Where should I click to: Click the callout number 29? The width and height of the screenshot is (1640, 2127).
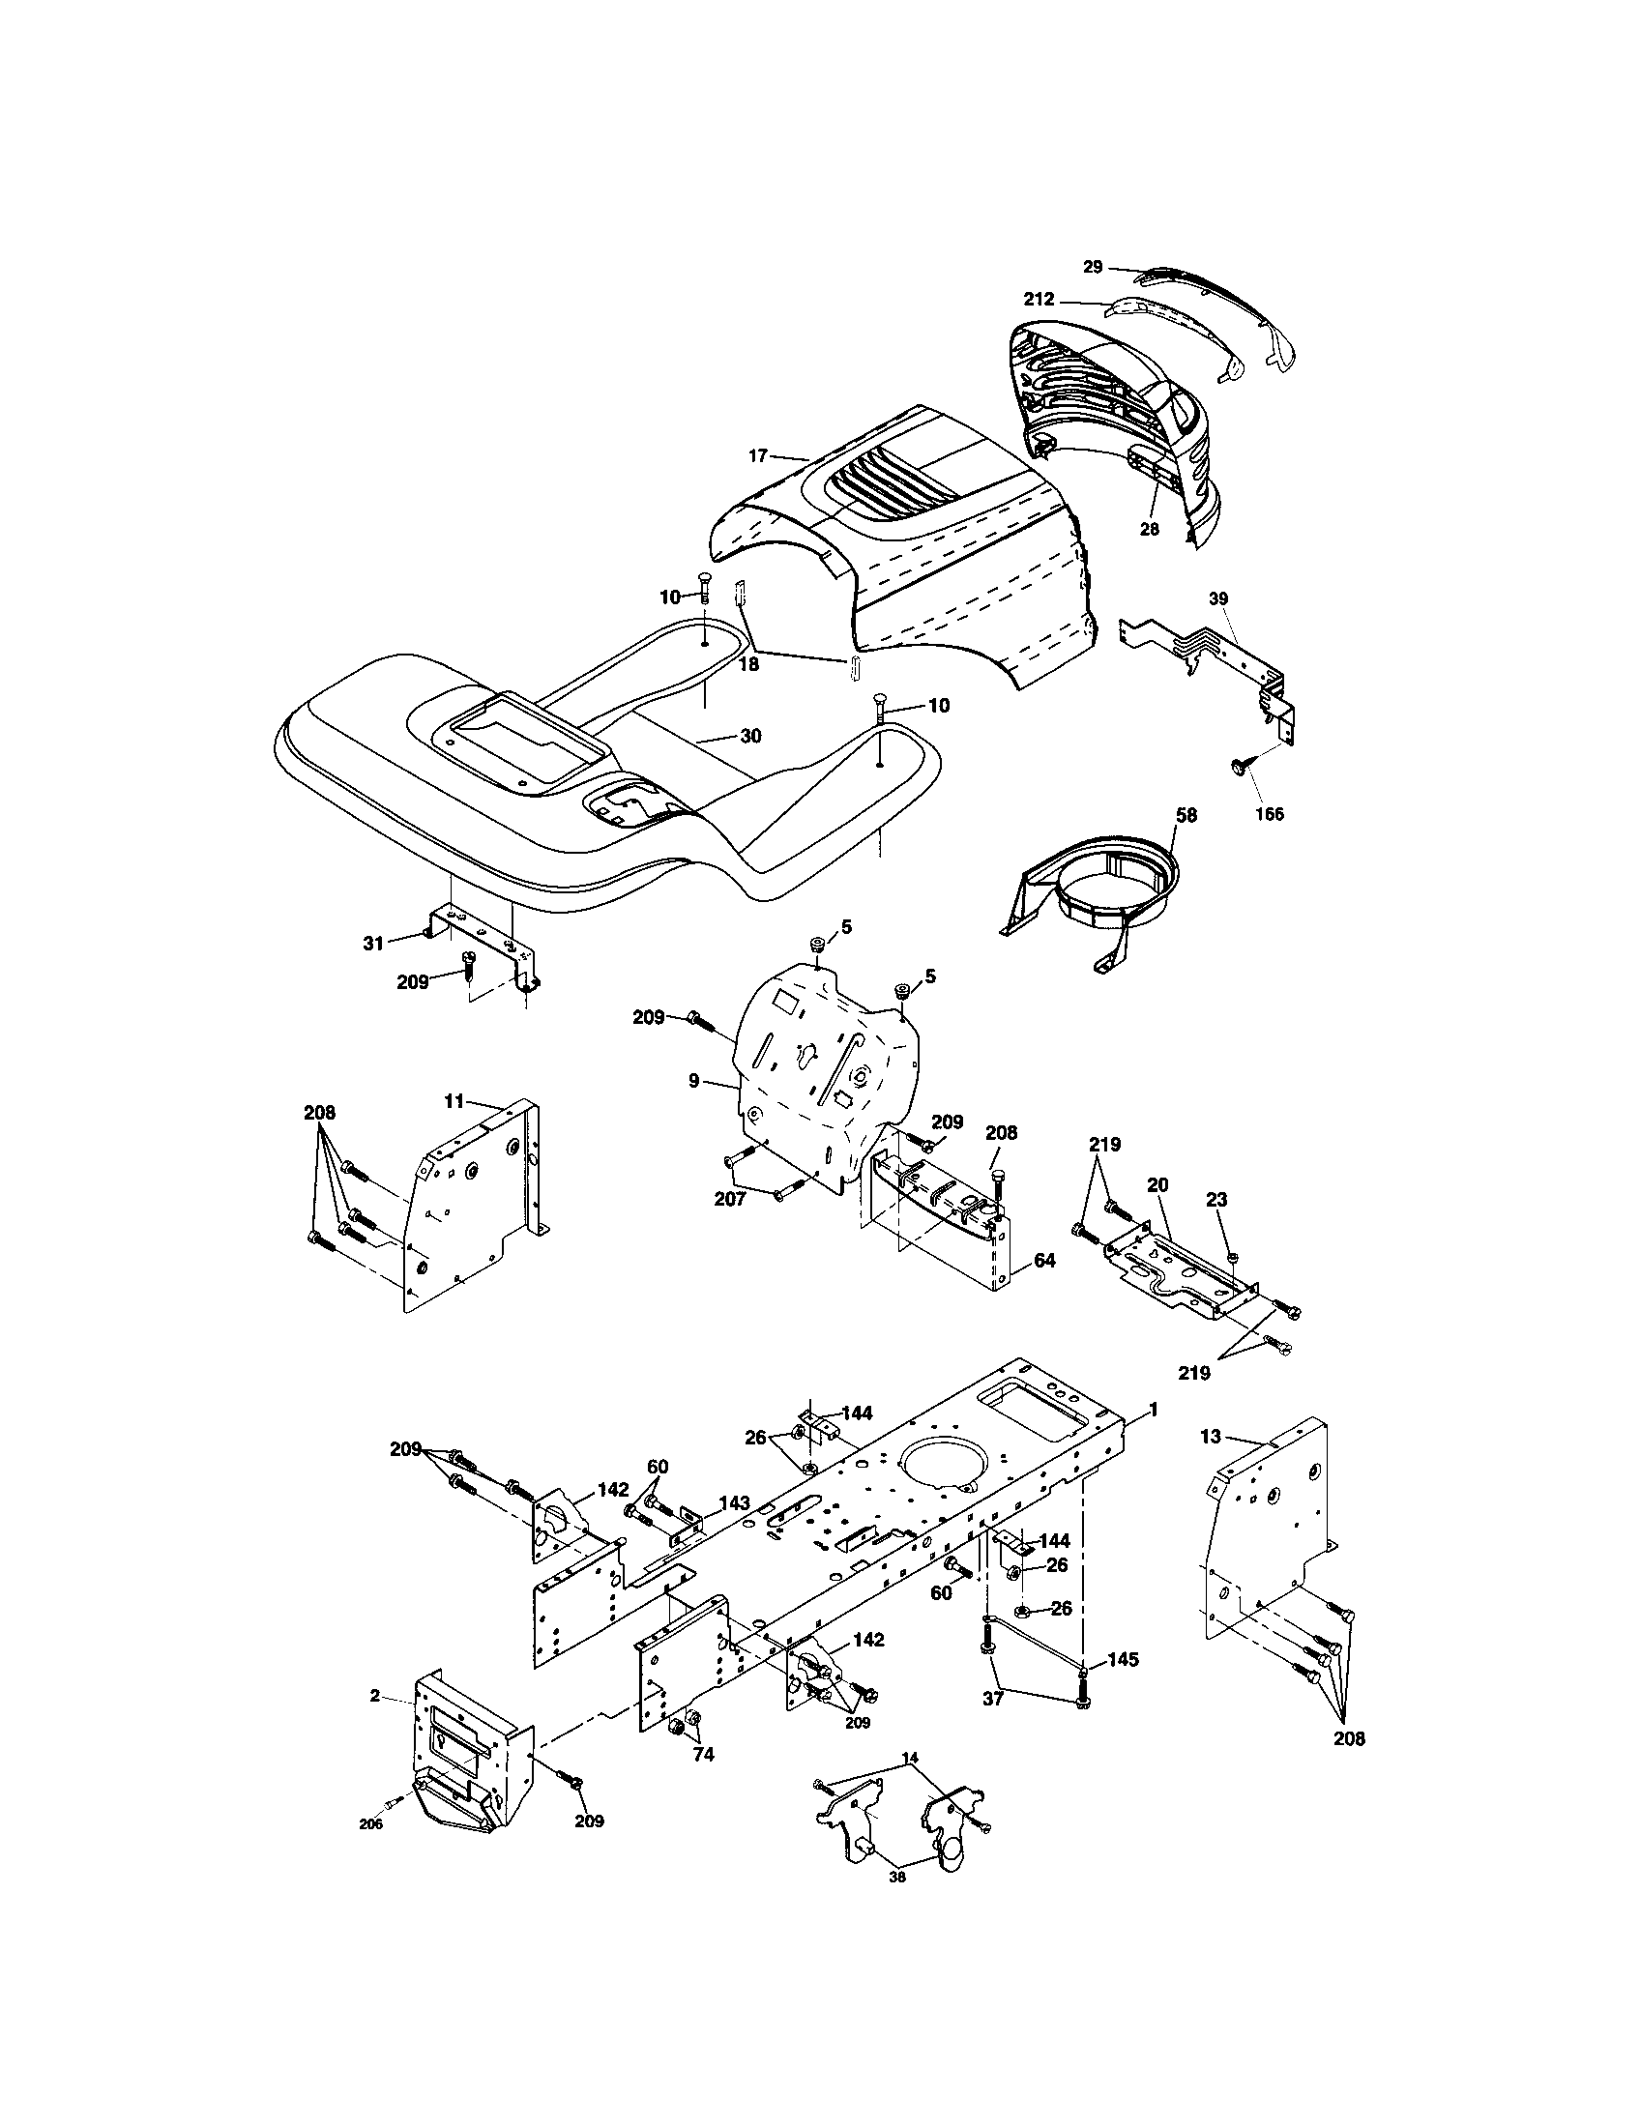[x=1093, y=267]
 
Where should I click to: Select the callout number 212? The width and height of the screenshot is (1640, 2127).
[x=1039, y=300]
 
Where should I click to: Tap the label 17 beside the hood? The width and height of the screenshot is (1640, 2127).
[x=759, y=454]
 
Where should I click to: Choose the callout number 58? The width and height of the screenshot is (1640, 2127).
[x=1186, y=815]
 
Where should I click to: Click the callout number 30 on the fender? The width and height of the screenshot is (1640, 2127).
[x=749, y=737]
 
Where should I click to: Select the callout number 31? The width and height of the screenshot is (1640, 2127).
[x=374, y=943]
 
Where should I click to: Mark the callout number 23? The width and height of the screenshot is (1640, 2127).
[x=1217, y=1201]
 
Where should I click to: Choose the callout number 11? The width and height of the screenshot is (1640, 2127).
[x=454, y=1101]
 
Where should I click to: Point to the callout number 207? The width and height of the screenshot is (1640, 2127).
[x=729, y=1200]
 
